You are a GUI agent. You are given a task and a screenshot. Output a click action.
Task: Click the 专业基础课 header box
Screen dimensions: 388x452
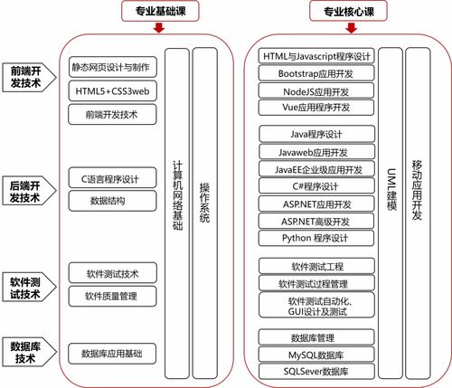pos(160,12)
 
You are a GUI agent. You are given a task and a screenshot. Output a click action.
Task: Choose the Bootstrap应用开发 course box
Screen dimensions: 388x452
pos(315,73)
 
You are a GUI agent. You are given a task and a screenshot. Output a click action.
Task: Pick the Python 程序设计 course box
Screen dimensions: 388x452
pos(315,238)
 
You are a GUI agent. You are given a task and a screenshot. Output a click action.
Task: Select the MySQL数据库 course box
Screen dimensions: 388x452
pos(315,355)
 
